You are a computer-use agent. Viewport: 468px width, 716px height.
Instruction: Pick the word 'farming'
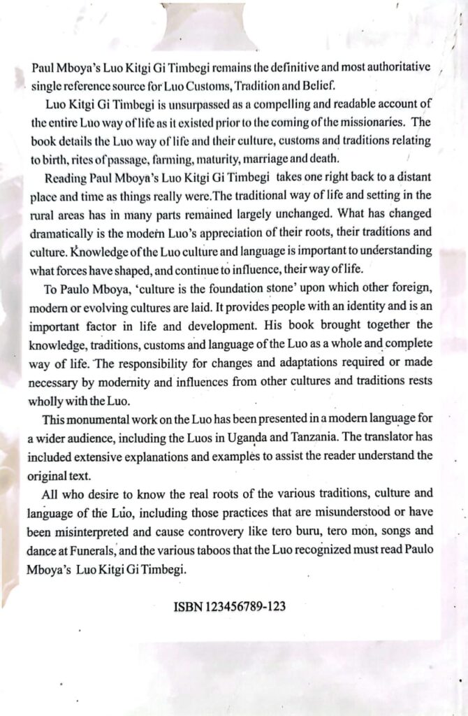[176, 157]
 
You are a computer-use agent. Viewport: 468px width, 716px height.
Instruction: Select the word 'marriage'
[276, 157]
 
